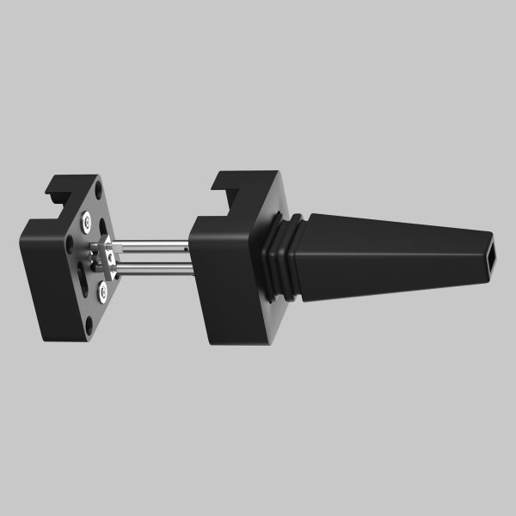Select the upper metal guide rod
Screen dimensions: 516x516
pos(150,248)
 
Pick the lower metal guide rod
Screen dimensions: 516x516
pos(150,270)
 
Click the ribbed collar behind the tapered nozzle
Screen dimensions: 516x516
pos(279,256)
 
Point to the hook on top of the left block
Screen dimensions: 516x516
pos(65,183)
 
